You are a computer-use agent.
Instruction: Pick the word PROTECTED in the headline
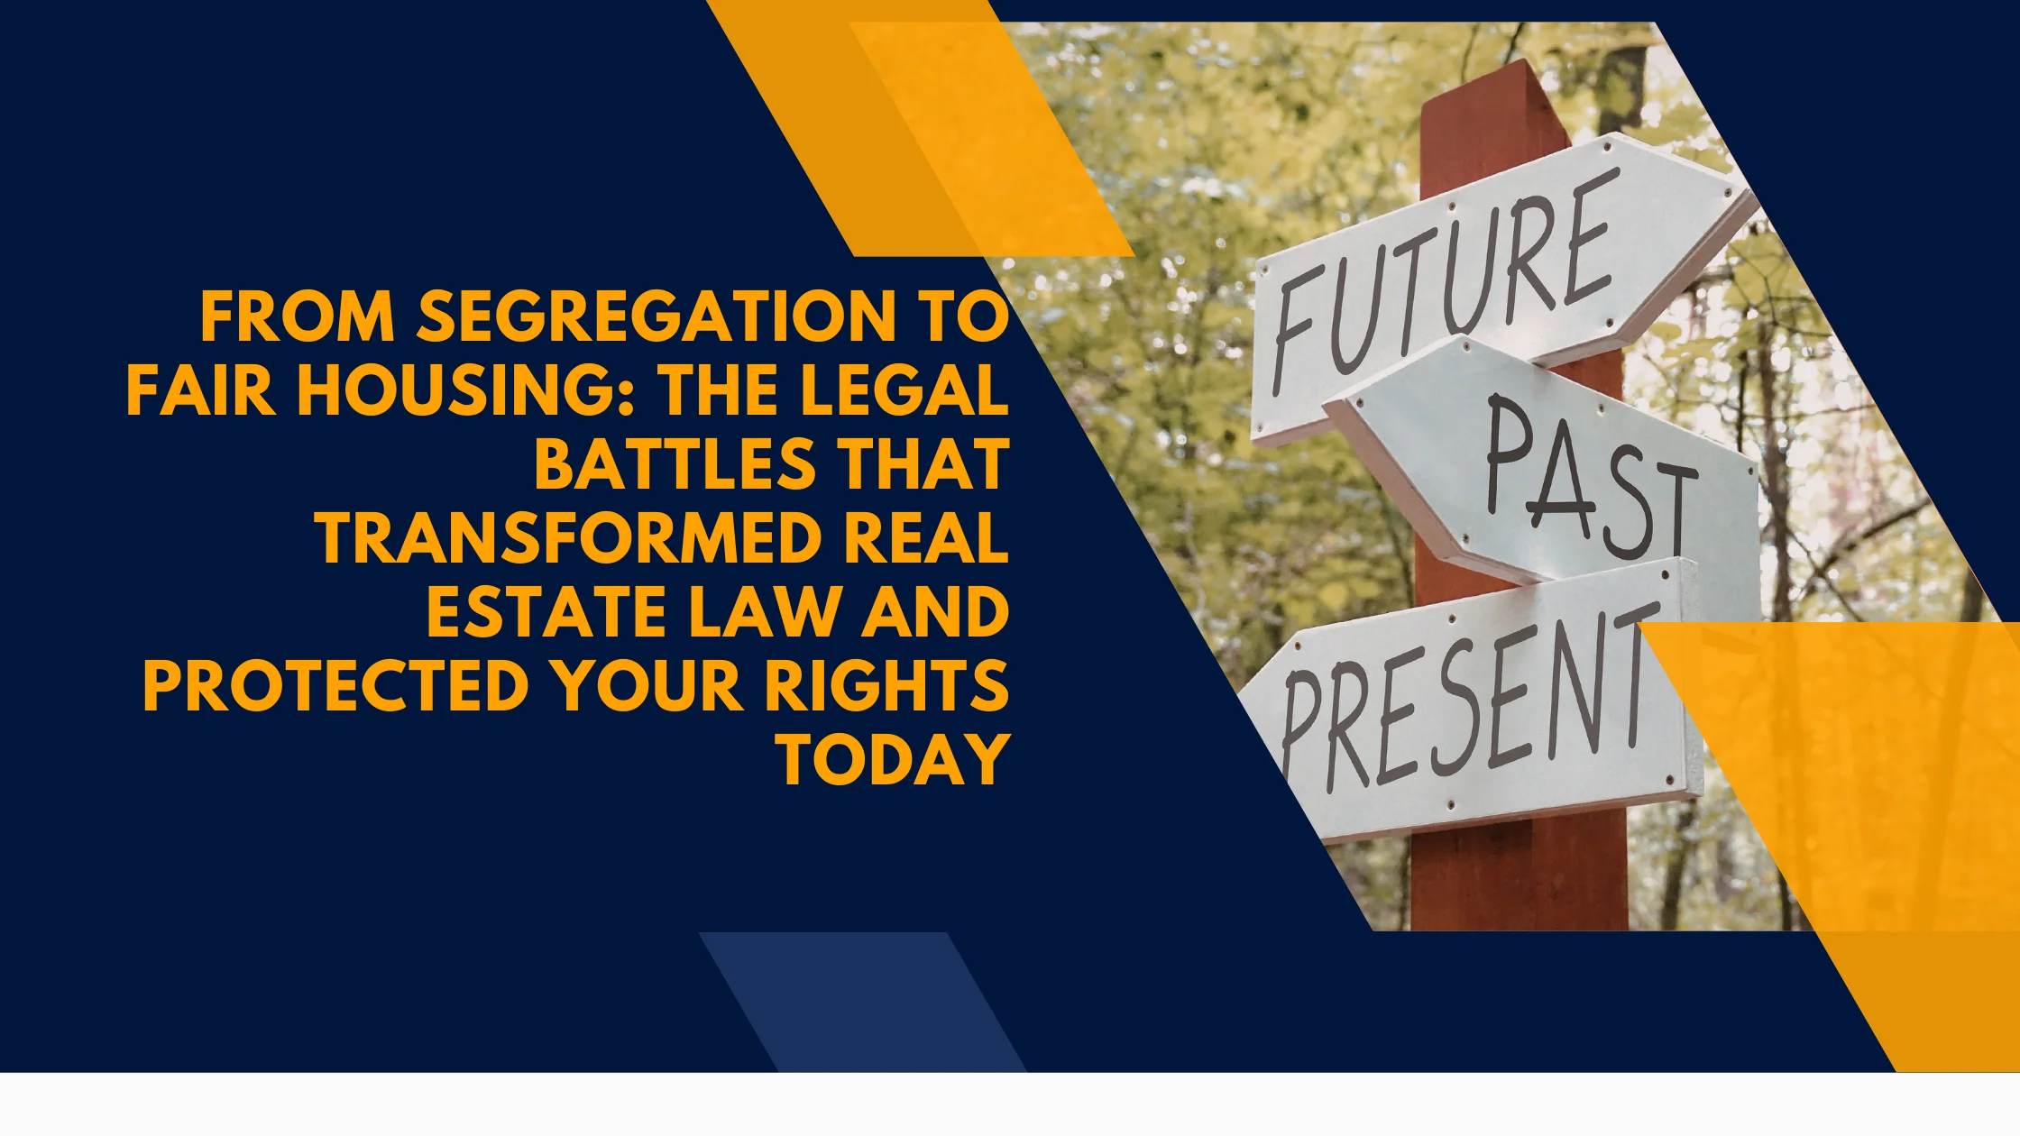pos(335,686)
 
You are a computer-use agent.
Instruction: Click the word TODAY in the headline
pos(894,760)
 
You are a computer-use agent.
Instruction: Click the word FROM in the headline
pos(297,317)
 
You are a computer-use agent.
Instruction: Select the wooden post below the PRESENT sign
pos(1520,875)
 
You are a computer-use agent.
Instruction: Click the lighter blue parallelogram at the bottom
pos(861,1001)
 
